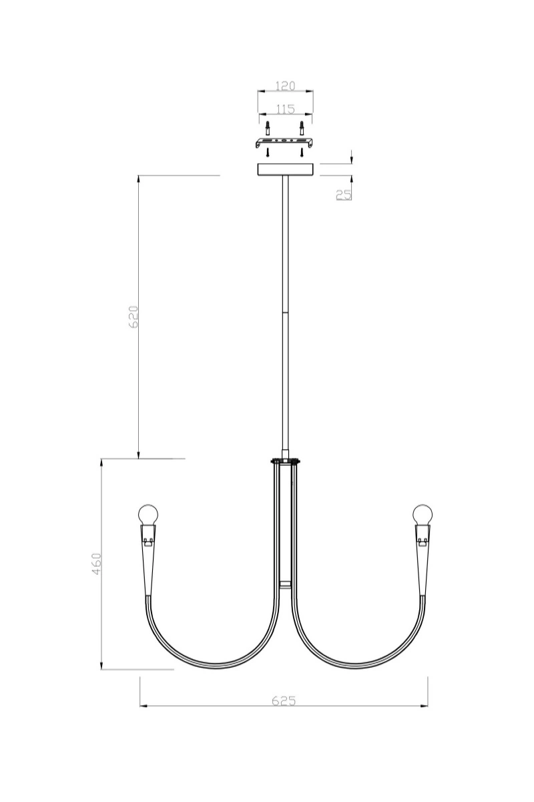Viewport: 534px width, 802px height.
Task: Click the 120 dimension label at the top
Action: (285, 86)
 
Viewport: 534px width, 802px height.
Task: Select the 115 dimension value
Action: (285, 109)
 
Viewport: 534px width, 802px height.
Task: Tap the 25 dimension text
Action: (344, 194)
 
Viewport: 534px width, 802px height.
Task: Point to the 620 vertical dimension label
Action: (133, 317)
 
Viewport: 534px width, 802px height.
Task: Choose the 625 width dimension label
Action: (284, 700)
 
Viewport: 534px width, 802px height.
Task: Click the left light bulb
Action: (148, 515)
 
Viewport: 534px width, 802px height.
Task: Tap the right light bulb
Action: (422, 515)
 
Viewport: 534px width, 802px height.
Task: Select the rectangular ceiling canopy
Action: (285, 170)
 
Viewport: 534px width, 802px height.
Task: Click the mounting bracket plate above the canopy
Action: (285, 142)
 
